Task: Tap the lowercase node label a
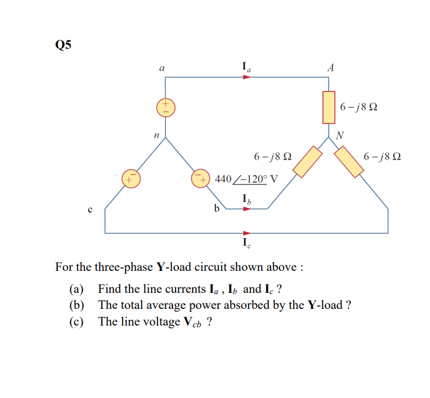[x=161, y=69]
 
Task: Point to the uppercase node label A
[x=331, y=68]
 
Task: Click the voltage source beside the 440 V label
[x=199, y=178]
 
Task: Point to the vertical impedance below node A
[x=329, y=107]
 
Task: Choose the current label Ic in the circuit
[x=246, y=243]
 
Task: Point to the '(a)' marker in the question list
[x=77, y=289]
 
